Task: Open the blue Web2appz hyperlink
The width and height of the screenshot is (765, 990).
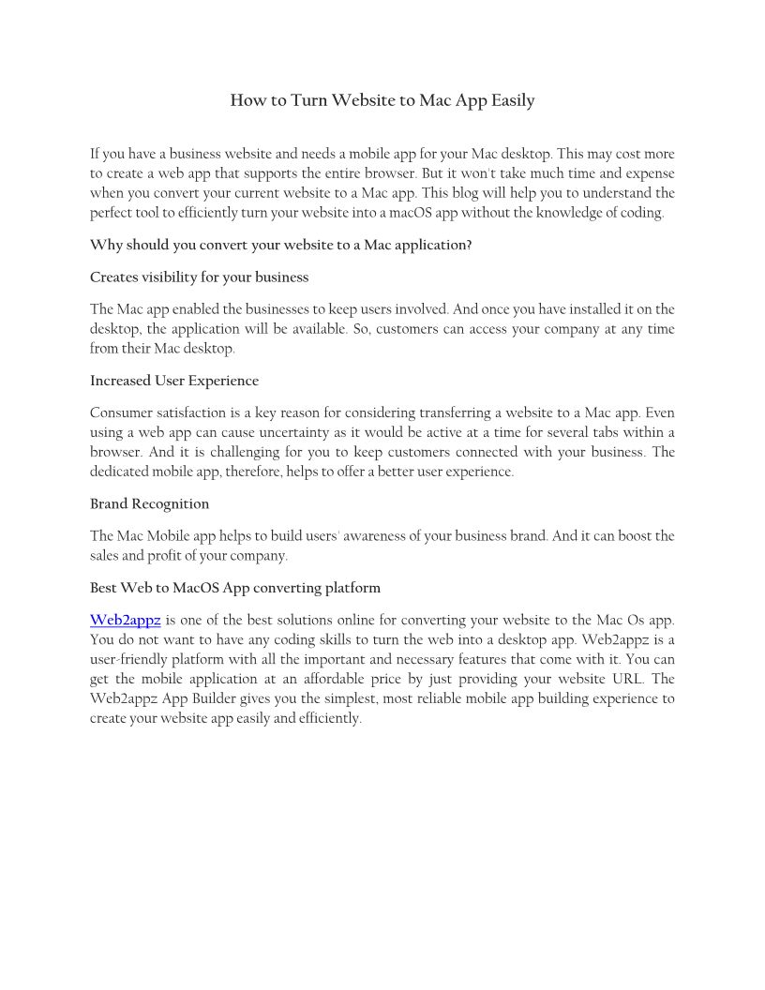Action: pyautogui.click(x=126, y=620)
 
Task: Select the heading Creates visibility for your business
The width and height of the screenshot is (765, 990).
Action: pyautogui.click(x=199, y=277)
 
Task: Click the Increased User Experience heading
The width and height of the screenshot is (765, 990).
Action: pyautogui.click(x=174, y=381)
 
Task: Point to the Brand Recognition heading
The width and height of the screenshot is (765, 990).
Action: pyautogui.click(x=149, y=503)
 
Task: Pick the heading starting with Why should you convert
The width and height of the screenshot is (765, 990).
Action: pyautogui.click(x=281, y=245)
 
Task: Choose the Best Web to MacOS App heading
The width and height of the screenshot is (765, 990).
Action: pyautogui.click(x=235, y=588)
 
